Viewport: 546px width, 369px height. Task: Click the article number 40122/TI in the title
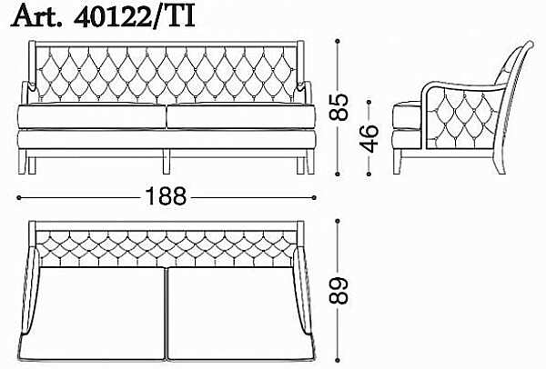click(134, 16)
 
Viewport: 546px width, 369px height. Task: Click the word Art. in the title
click(36, 16)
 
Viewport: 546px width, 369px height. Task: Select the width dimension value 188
click(166, 196)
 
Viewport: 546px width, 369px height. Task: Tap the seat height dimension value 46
click(369, 138)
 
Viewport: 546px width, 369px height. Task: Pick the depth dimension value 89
click(339, 291)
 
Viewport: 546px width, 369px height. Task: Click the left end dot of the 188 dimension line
click(19, 197)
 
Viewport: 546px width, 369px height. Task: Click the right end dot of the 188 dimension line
click(314, 197)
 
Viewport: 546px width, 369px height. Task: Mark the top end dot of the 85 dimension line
click(337, 41)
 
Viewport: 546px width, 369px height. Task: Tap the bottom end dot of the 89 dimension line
click(337, 360)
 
